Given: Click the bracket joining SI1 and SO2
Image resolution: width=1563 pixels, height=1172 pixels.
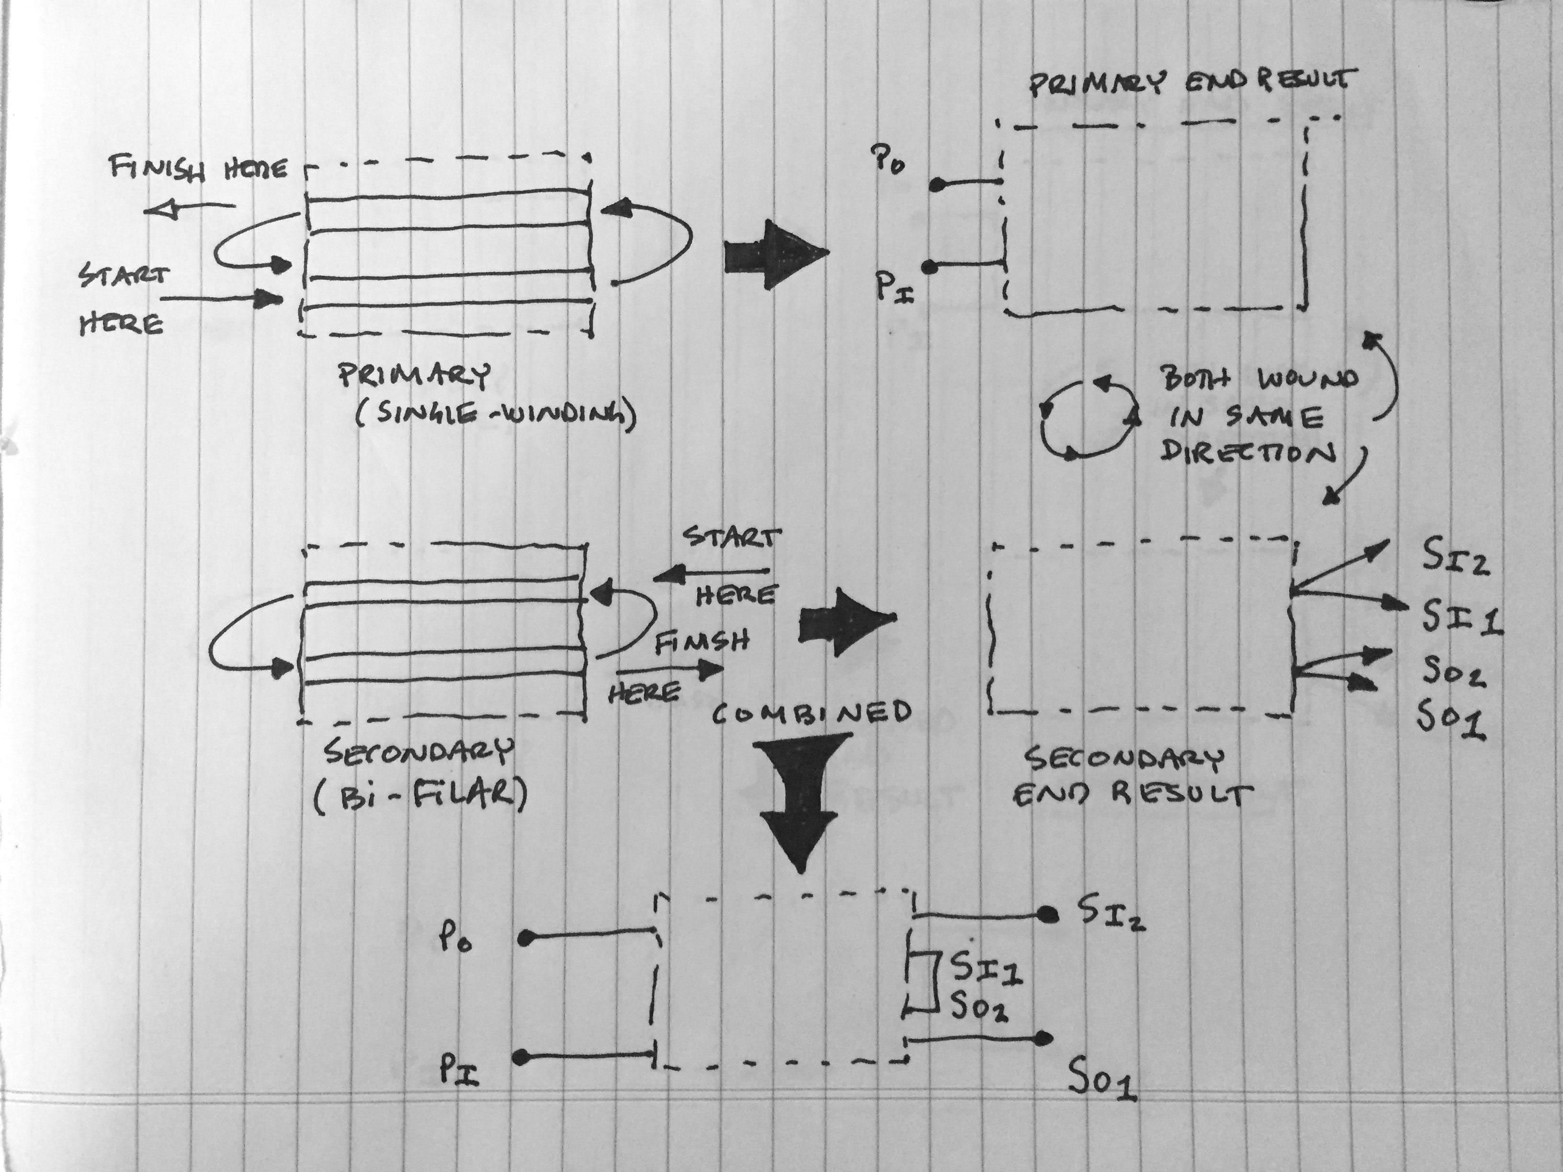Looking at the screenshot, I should (926, 980).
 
